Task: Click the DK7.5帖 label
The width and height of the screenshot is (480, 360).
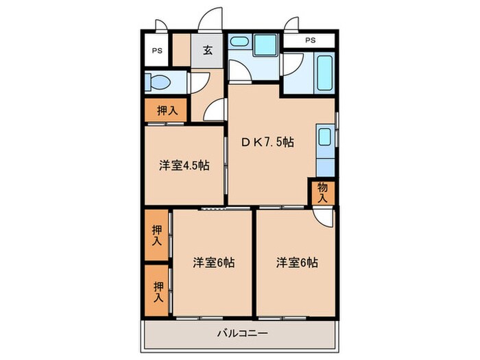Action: [267, 142]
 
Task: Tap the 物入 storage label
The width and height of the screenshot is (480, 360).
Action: [322, 193]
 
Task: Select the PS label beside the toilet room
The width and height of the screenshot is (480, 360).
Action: [157, 51]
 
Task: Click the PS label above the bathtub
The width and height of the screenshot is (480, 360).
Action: [311, 40]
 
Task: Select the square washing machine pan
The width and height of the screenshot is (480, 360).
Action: [264, 45]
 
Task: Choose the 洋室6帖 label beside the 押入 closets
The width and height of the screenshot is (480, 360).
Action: [214, 262]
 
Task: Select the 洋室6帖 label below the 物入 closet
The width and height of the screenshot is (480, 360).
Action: [298, 262]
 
